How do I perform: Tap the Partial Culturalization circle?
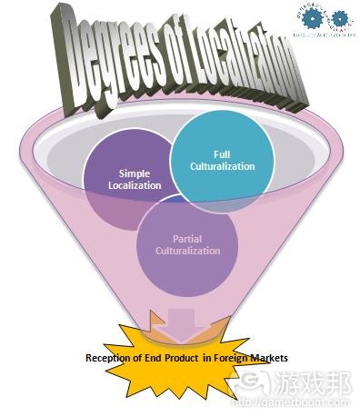187,243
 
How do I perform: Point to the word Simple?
135,173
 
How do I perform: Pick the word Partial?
187,238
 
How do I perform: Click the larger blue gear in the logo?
314,17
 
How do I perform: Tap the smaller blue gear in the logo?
338,17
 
